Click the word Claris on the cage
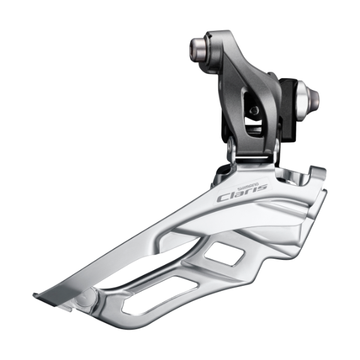(242, 191)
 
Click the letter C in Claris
(223, 197)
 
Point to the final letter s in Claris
(262, 187)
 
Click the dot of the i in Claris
(250, 185)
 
